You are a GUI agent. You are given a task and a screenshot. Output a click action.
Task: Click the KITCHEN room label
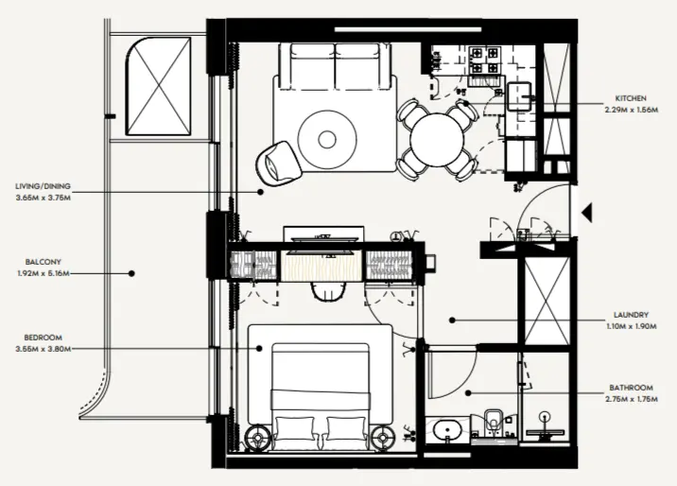pos(631,98)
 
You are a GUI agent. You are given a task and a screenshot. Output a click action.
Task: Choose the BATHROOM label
pos(630,388)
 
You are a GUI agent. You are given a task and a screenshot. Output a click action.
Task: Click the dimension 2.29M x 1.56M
pos(631,109)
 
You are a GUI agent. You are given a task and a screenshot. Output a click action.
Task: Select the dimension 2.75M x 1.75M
pos(630,398)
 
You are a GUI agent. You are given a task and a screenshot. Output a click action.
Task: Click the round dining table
pos(437,140)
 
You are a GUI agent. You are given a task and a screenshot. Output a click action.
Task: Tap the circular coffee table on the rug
pos(327,139)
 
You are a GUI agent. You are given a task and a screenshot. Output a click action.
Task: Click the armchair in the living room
pos(277,160)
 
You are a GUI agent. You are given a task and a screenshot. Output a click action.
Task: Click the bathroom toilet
pos(491,424)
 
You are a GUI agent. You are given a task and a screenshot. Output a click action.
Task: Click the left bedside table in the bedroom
pos(258,437)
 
